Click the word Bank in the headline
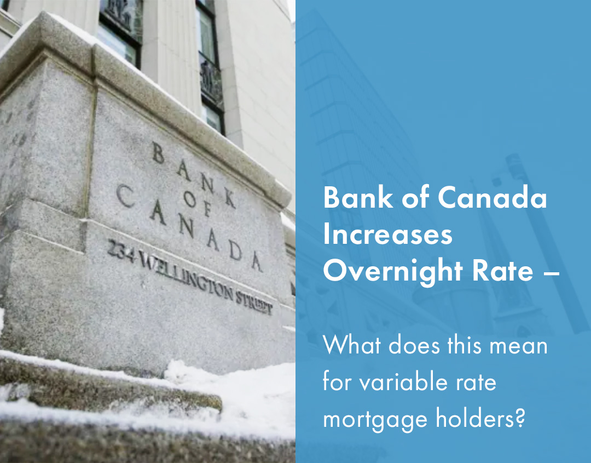[352, 198]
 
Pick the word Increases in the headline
[387, 235]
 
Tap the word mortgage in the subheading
[373, 419]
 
